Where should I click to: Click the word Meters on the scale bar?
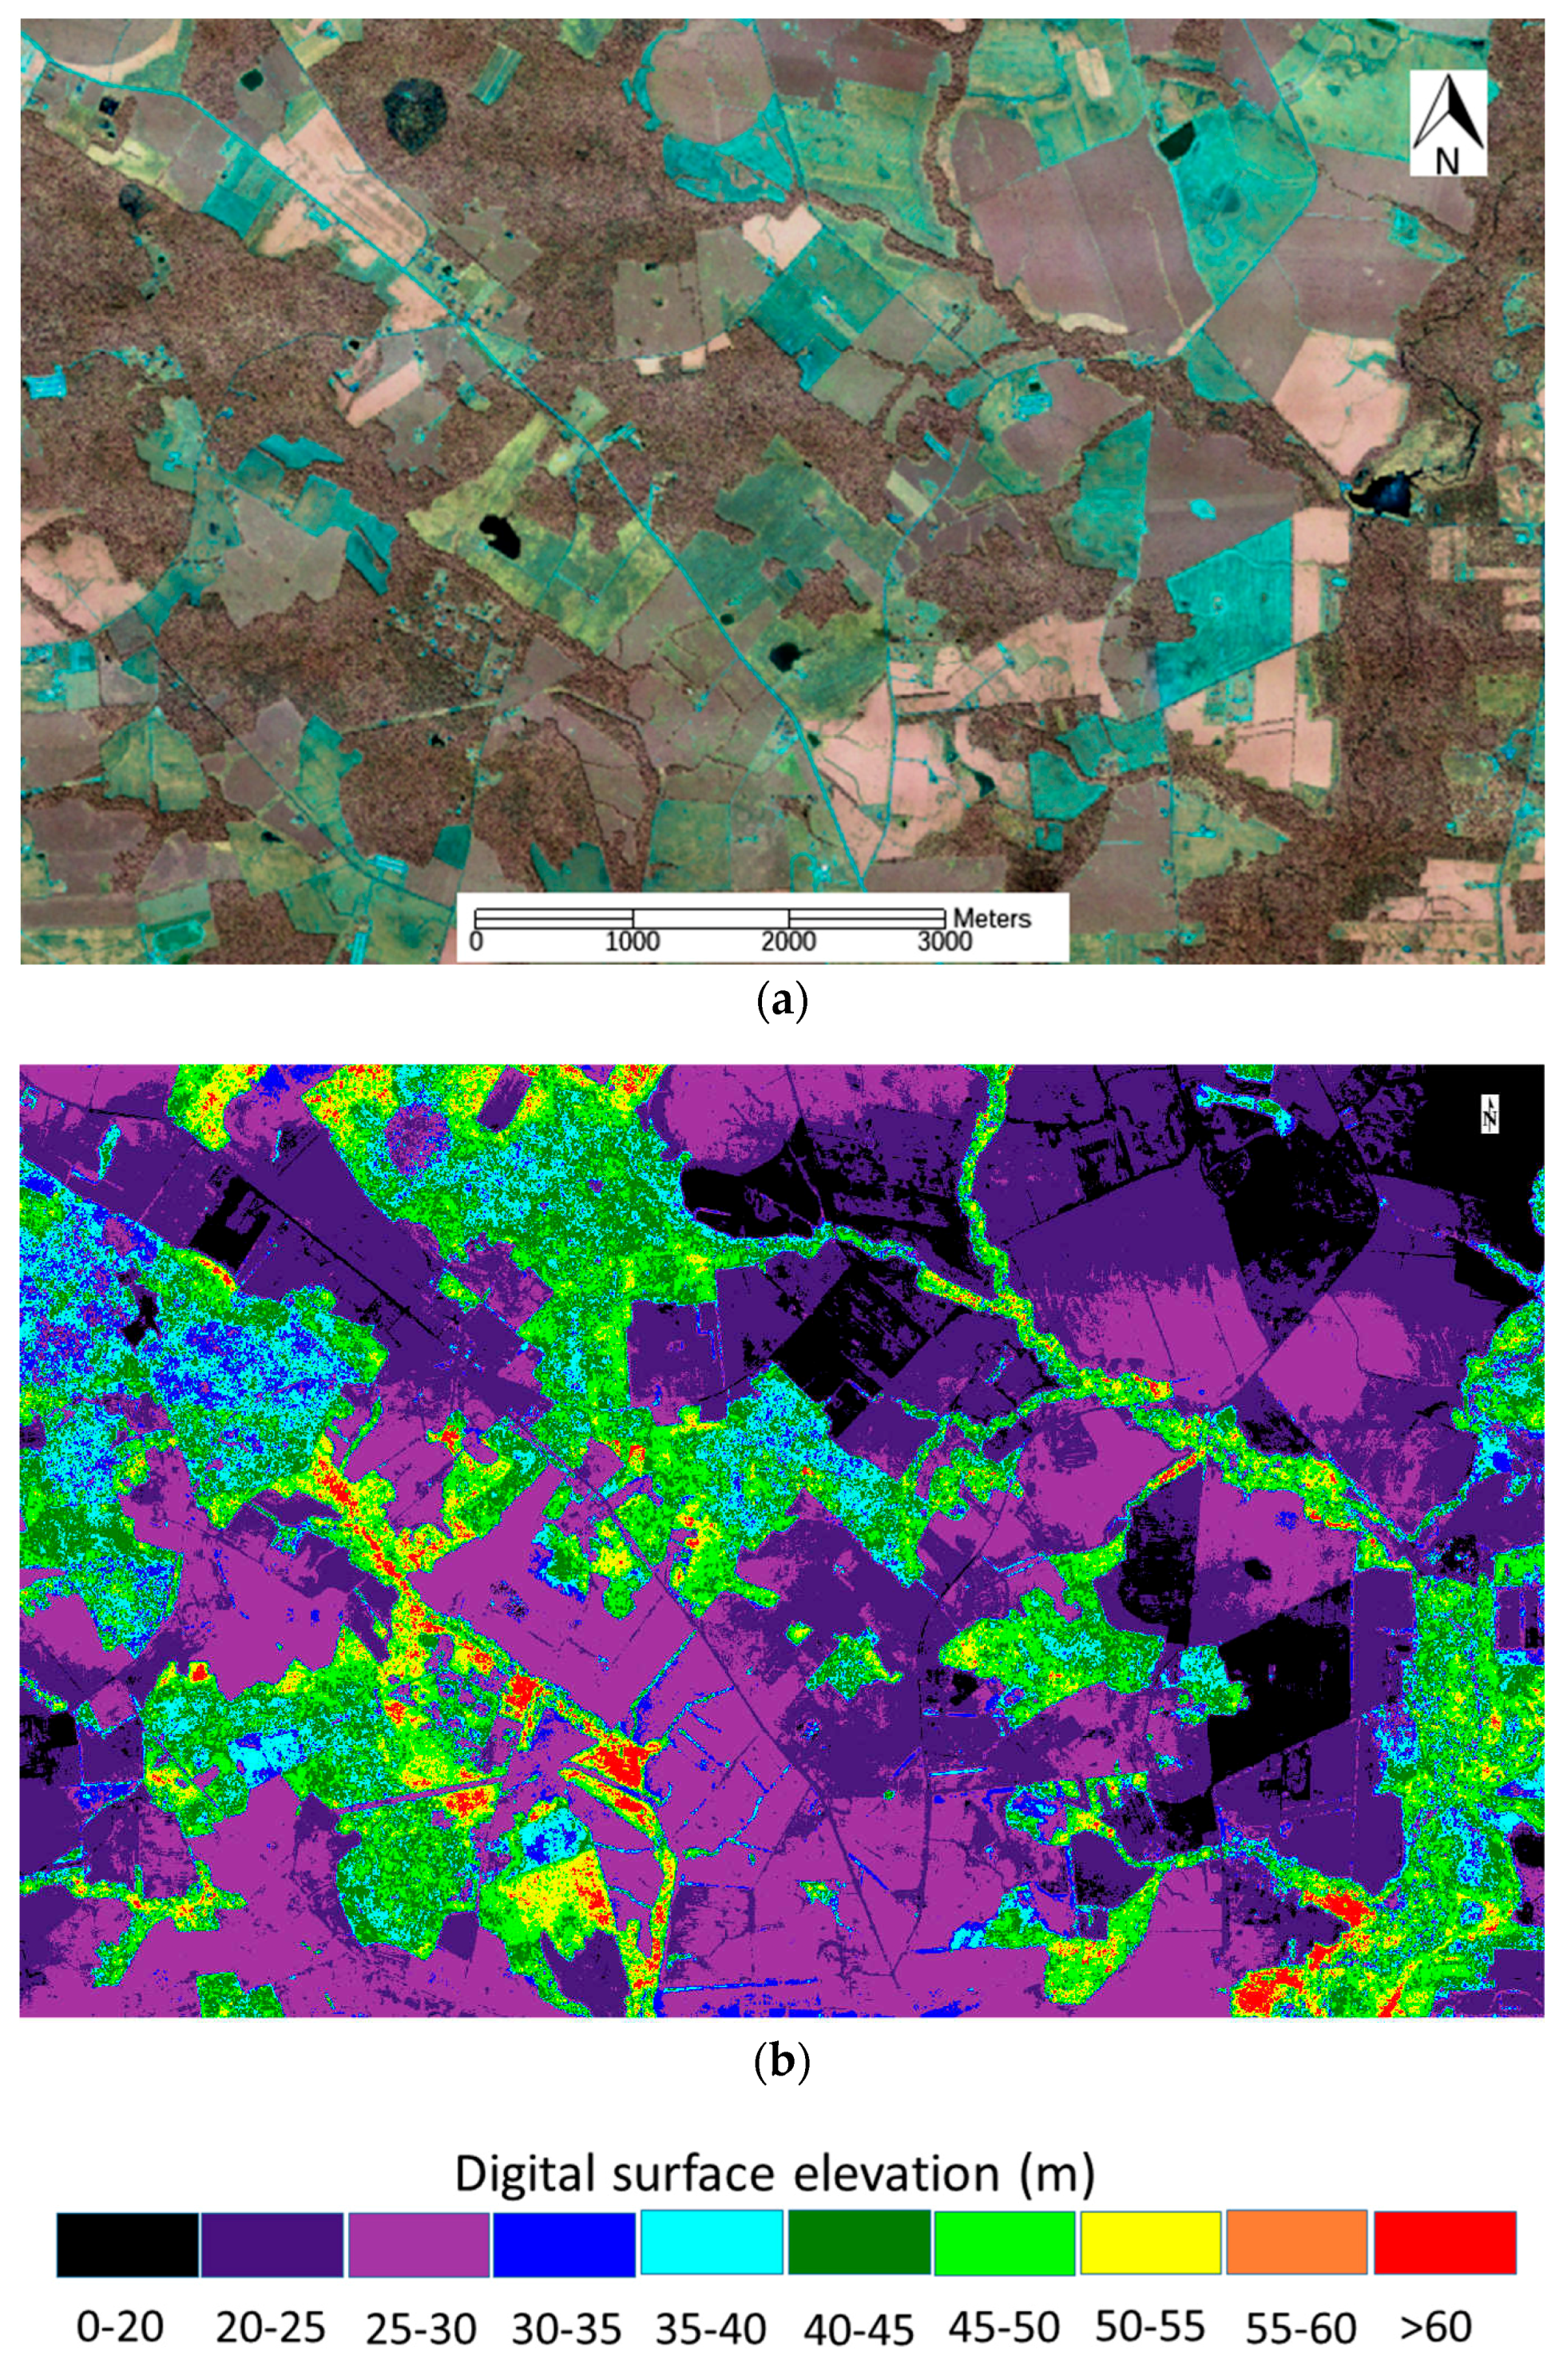[991, 918]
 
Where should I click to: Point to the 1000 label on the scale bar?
[633, 942]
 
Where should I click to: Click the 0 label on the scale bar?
[476, 942]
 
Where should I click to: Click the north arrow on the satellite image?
[1448, 122]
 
